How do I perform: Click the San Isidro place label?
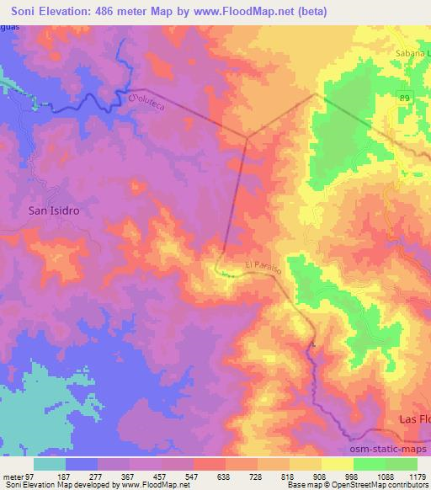coord(54,211)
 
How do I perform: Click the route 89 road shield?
coord(405,99)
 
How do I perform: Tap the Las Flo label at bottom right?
coord(412,418)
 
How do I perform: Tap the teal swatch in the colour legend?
coord(50,464)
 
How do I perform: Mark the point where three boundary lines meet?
coord(247,136)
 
